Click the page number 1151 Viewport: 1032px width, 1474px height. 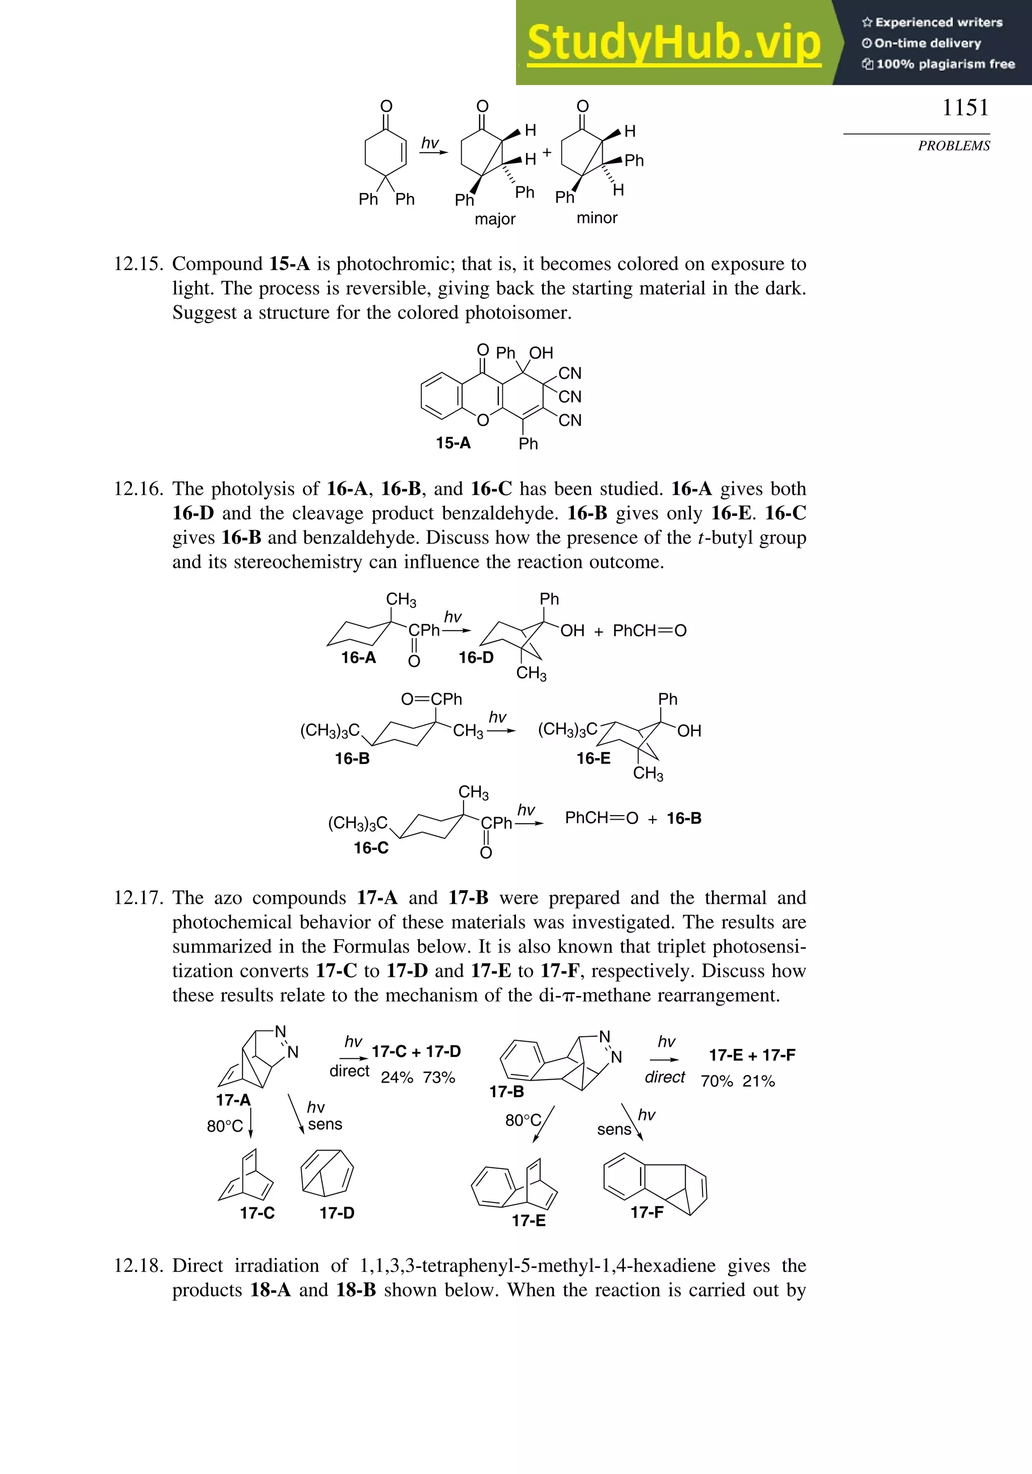965,108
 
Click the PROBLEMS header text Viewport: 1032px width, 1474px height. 954,146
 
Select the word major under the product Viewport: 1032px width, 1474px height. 495,219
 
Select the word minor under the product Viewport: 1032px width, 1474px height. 597,218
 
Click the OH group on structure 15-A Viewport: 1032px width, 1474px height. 541,353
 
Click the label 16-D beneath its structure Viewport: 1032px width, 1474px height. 476,657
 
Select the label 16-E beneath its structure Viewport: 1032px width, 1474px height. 594,758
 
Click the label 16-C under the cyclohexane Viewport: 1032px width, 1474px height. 371,847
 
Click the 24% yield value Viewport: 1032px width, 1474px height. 397,1077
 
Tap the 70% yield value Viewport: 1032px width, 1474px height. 717,1081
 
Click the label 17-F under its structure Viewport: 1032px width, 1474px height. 647,1212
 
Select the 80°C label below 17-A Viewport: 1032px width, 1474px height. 225,1126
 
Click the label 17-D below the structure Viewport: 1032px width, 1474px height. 337,1213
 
